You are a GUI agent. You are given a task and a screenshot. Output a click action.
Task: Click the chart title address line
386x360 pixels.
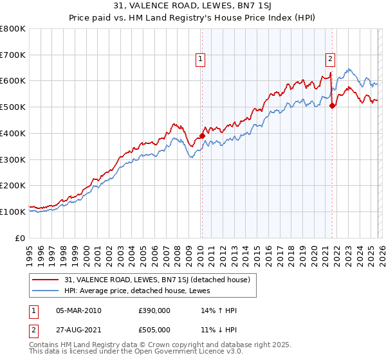(x=193, y=6)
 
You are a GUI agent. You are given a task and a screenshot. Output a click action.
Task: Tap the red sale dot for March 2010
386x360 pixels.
(x=201, y=136)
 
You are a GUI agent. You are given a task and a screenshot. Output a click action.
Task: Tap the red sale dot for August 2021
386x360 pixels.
(x=332, y=106)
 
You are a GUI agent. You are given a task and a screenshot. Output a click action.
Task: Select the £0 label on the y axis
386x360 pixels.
(x=21, y=238)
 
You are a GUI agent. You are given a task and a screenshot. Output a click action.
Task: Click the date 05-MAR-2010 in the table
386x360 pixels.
(x=78, y=310)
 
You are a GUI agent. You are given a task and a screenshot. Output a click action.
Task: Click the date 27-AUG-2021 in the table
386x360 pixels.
(x=78, y=330)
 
